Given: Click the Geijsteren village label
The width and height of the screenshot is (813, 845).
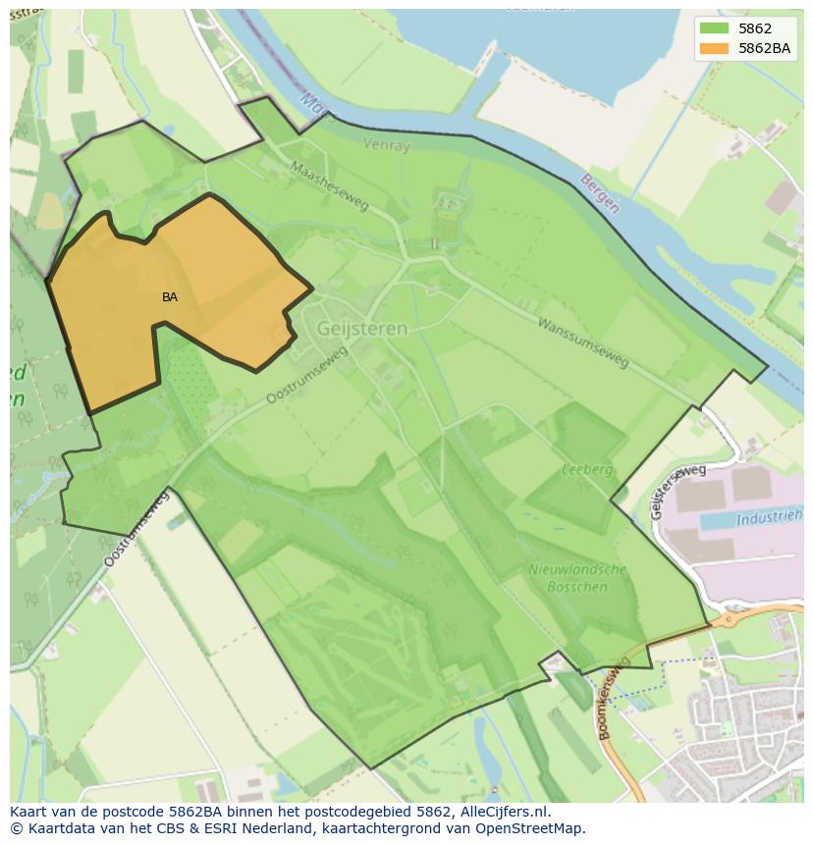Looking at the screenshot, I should click(x=361, y=329).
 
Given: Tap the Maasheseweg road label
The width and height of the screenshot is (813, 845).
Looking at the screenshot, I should click(x=329, y=185).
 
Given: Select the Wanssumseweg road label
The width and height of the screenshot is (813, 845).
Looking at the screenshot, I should click(x=583, y=343).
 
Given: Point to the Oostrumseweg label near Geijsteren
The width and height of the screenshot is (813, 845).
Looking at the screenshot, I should click(x=307, y=376).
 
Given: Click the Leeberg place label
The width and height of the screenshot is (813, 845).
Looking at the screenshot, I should click(x=587, y=470).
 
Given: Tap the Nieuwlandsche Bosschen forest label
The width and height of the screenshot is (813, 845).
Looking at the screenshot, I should click(x=577, y=577).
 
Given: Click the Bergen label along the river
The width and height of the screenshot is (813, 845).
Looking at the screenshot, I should click(x=600, y=193).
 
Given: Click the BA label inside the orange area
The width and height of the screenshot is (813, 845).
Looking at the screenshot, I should click(x=170, y=296).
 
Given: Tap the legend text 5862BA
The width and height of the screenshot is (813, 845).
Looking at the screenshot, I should click(x=765, y=48).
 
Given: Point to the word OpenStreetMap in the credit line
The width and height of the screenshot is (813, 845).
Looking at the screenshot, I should click(x=533, y=828).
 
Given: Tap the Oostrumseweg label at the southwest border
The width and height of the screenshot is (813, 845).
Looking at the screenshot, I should click(x=135, y=530).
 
